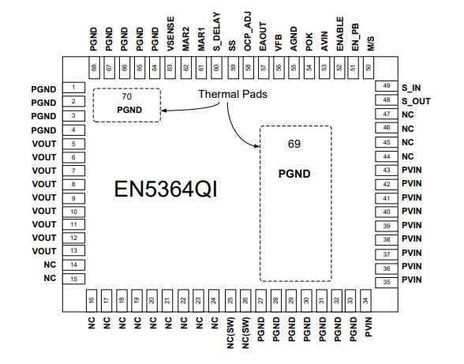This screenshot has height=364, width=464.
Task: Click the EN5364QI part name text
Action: [166, 190]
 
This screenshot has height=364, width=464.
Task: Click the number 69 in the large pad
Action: [294, 144]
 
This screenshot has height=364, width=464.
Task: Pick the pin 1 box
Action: [73, 88]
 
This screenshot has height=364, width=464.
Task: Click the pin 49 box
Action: [386, 86]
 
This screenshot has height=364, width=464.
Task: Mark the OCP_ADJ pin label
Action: [248, 36]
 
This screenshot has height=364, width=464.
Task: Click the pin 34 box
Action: [366, 301]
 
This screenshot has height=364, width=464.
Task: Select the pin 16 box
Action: [92, 301]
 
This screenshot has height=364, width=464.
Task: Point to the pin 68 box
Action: [94, 68]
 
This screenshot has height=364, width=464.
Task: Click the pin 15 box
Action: [73, 279]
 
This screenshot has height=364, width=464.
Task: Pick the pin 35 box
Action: [386, 281]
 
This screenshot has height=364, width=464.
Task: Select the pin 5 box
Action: [73, 143]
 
